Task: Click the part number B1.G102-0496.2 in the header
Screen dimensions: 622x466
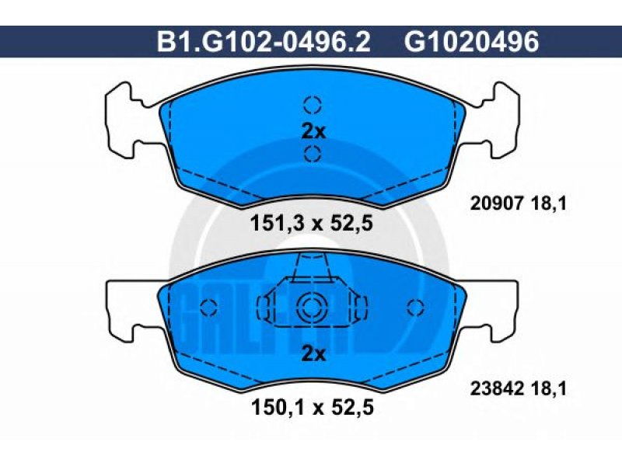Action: (x=264, y=42)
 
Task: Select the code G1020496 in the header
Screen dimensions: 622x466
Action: (x=472, y=42)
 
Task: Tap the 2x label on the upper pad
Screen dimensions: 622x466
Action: (x=313, y=131)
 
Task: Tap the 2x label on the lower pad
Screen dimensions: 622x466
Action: (x=313, y=354)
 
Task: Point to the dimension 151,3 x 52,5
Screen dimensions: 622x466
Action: (x=312, y=224)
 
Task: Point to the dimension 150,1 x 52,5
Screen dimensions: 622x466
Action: (x=313, y=407)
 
